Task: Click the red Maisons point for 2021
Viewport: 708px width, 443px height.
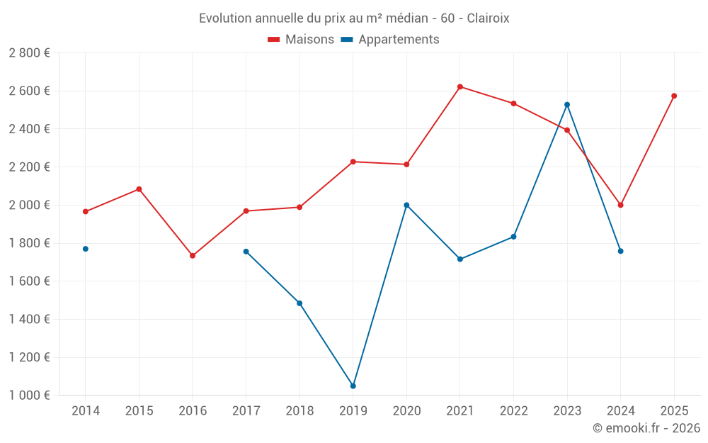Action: (460, 86)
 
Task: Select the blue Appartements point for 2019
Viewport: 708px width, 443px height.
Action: (353, 386)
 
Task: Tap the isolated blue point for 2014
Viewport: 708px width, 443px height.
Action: (86, 249)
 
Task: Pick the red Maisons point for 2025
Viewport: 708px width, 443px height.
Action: (674, 96)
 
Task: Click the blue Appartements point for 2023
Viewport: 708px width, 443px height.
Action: (567, 105)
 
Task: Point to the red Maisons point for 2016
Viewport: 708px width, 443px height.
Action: (193, 256)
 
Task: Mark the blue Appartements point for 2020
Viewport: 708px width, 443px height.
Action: (406, 205)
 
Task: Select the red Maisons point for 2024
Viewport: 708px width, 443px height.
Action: (620, 205)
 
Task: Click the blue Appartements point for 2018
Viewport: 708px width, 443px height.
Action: (299, 303)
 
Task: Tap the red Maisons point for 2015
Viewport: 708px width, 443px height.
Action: (139, 189)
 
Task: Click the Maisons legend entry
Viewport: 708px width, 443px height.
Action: (301, 40)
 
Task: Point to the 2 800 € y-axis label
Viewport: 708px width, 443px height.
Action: (29, 53)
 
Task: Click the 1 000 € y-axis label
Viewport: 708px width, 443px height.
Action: (29, 396)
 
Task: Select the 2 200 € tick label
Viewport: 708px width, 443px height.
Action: (29, 167)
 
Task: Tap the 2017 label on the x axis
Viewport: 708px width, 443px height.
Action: (246, 411)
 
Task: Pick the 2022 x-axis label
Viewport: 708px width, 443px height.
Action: (513, 411)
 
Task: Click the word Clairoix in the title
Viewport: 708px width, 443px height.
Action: (488, 18)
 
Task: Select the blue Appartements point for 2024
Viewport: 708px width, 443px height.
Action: (620, 251)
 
